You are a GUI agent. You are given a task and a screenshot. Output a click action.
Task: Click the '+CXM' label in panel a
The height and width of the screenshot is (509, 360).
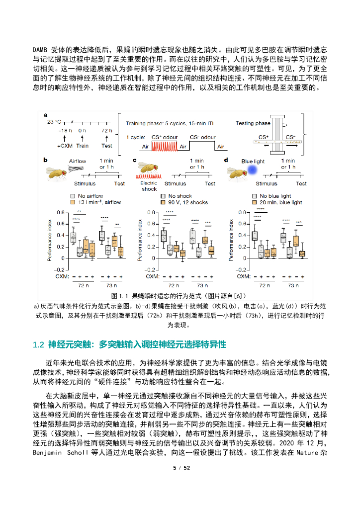[65, 146]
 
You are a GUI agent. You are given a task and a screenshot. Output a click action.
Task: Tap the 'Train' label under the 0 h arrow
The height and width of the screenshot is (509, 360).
[83, 146]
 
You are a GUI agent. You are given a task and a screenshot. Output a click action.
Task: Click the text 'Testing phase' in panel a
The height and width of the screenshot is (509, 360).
[253, 123]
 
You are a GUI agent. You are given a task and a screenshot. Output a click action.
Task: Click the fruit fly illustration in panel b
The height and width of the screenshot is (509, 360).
[58, 170]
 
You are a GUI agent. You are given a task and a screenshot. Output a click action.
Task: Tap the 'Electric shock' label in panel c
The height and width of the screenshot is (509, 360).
[149, 186]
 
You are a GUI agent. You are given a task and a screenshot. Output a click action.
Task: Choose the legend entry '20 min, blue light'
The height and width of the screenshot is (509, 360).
[281, 202]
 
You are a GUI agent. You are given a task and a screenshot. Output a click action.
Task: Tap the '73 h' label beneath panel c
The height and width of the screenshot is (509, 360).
[202, 285]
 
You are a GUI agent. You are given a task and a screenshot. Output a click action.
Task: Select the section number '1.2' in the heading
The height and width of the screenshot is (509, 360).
[39, 344]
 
